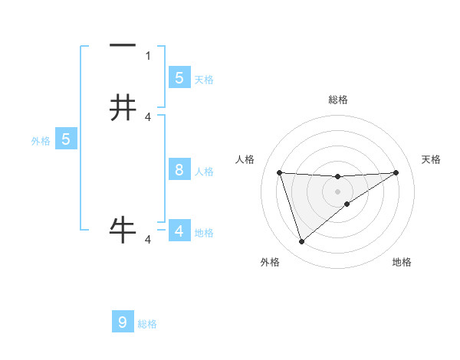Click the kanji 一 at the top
click(123, 47)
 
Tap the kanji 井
click(123, 107)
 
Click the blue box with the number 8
click(179, 170)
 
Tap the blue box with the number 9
click(123, 322)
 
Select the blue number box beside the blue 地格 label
click(179, 231)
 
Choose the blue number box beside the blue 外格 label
click(66, 139)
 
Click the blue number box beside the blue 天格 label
click(179, 77)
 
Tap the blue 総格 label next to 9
click(147, 324)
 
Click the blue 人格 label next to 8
click(204, 171)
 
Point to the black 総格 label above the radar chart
click(337, 100)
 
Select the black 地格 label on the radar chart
click(402, 262)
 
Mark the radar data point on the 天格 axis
click(396, 172)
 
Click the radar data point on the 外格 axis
click(301, 242)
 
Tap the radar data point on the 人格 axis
click(279, 172)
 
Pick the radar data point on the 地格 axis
click(347, 204)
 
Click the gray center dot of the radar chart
click(337, 191)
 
